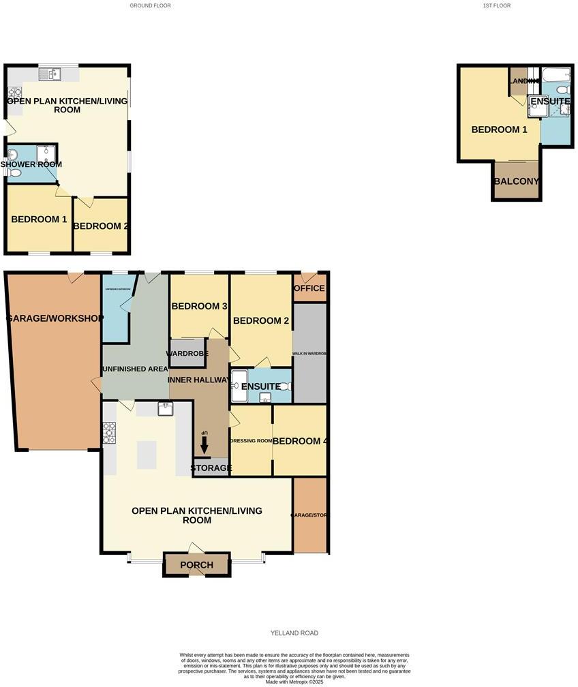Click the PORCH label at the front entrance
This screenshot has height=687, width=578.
click(196, 565)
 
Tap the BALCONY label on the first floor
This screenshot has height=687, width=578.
click(516, 181)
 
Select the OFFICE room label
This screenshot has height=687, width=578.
click(309, 288)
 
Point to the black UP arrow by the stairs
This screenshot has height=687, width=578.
click(204, 446)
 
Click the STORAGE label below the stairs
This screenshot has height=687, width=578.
click(211, 468)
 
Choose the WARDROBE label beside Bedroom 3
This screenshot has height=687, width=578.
click(187, 353)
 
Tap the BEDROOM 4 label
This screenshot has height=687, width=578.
click(301, 441)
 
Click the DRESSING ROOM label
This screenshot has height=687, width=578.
click(252, 441)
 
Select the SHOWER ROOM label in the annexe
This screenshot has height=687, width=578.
click(31, 164)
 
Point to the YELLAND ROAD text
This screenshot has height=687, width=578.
click(294, 633)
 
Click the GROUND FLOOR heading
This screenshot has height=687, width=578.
click(150, 5)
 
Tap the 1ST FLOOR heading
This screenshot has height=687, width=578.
click(496, 5)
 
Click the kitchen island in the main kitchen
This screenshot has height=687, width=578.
click(147, 455)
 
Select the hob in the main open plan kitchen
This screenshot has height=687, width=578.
click(109, 433)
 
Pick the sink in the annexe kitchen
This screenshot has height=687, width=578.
click(50, 72)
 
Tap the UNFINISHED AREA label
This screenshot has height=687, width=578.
click(134, 369)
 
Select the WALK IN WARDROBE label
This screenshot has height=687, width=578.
click(310, 354)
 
